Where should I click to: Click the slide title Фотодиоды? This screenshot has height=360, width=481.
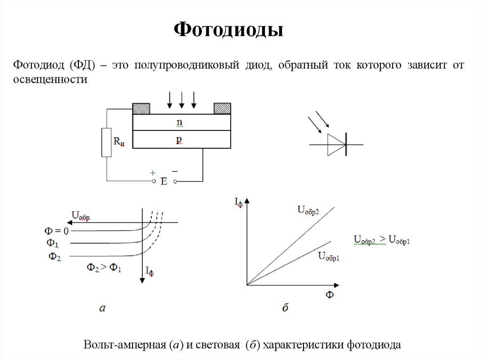coord(229,31)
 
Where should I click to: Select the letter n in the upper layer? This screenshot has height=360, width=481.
coord(179,122)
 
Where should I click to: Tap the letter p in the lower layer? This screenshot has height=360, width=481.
coord(179,139)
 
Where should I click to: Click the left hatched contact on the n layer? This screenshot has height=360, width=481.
coord(141,108)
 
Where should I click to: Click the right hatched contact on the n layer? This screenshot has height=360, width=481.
coord(222,108)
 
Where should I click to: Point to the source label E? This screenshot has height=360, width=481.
coord(164,182)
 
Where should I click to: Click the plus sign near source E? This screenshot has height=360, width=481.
coord(153,173)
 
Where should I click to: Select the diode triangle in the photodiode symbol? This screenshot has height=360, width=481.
coord(336,144)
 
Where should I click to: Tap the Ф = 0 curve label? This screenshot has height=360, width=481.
coord(56,231)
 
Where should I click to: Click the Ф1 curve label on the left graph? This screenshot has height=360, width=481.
coord(53,243)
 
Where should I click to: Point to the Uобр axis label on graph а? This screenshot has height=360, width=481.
coord(80,216)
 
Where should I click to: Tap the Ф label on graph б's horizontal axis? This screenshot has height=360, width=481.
coord(329,295)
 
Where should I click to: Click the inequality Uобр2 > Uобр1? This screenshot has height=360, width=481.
coord(382,240)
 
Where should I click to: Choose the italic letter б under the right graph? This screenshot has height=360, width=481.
coord(285,308)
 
